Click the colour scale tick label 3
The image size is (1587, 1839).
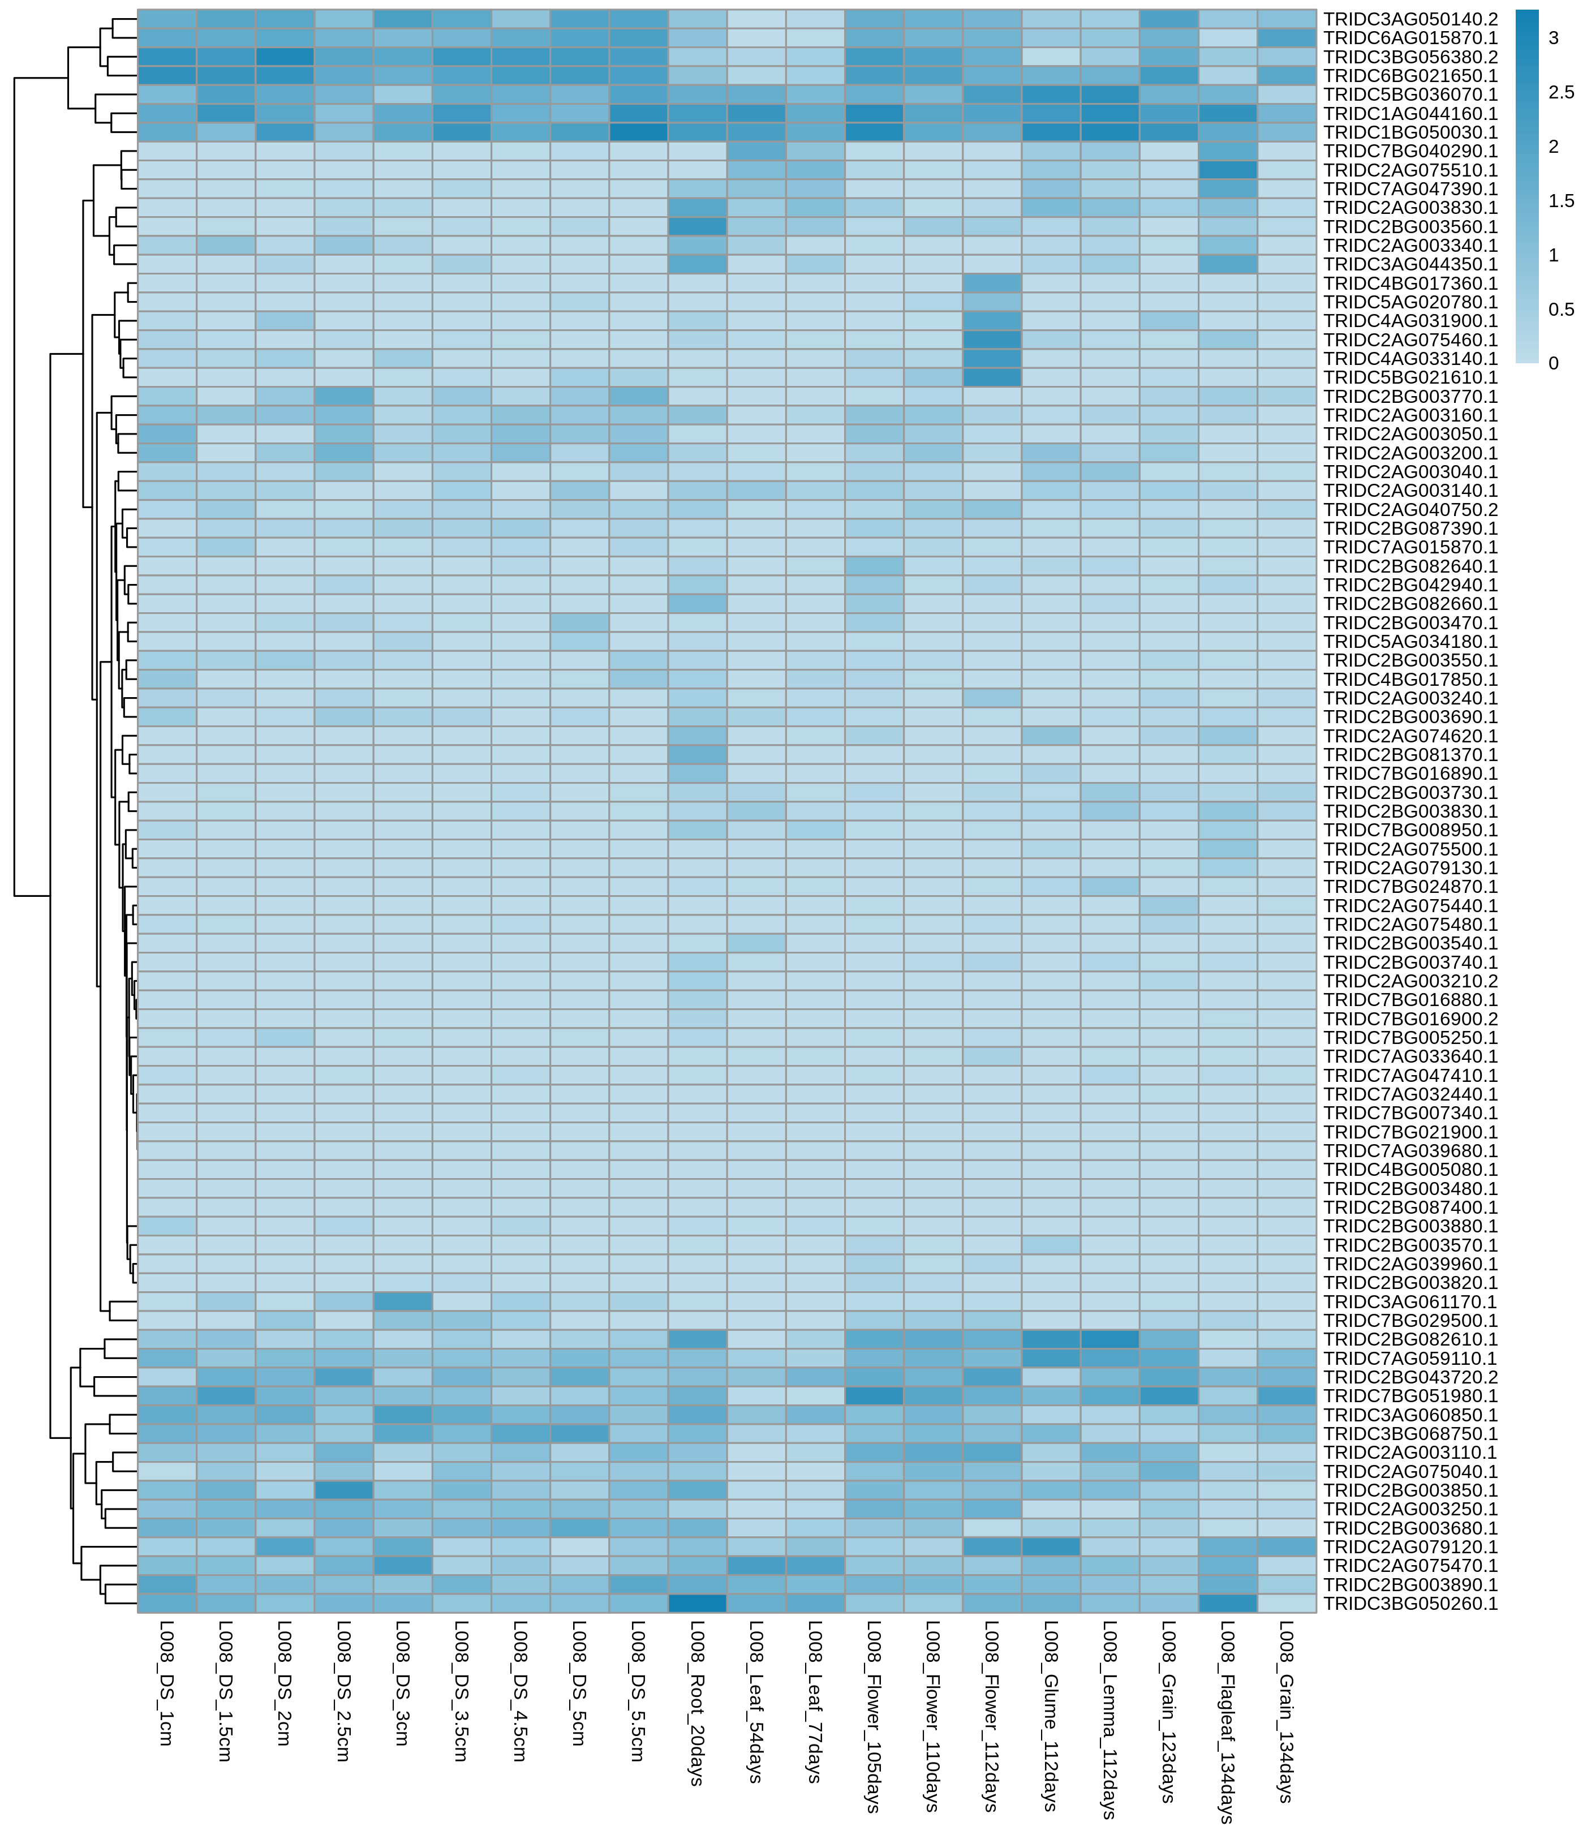coord(1553,38)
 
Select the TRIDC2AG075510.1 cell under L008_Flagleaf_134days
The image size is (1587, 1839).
coord(1228,170)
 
